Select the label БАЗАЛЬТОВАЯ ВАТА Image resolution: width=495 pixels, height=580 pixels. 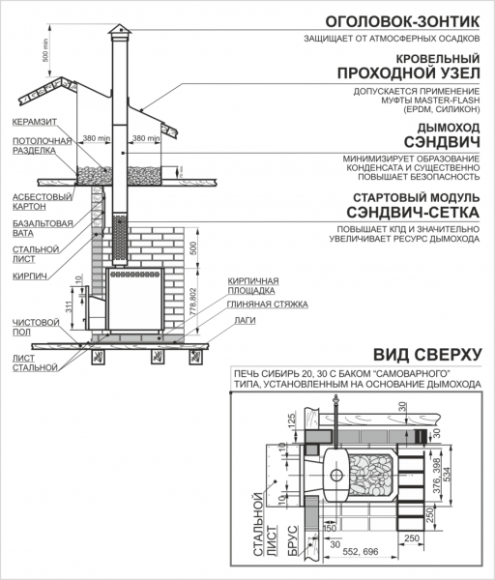38,230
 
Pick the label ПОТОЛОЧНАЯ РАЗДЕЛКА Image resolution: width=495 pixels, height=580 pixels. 38,146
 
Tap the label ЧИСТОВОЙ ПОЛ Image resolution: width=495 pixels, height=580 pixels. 32,326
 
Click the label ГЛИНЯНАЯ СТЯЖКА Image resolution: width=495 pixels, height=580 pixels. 269,304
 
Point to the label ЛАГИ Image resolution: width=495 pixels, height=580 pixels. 245,319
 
